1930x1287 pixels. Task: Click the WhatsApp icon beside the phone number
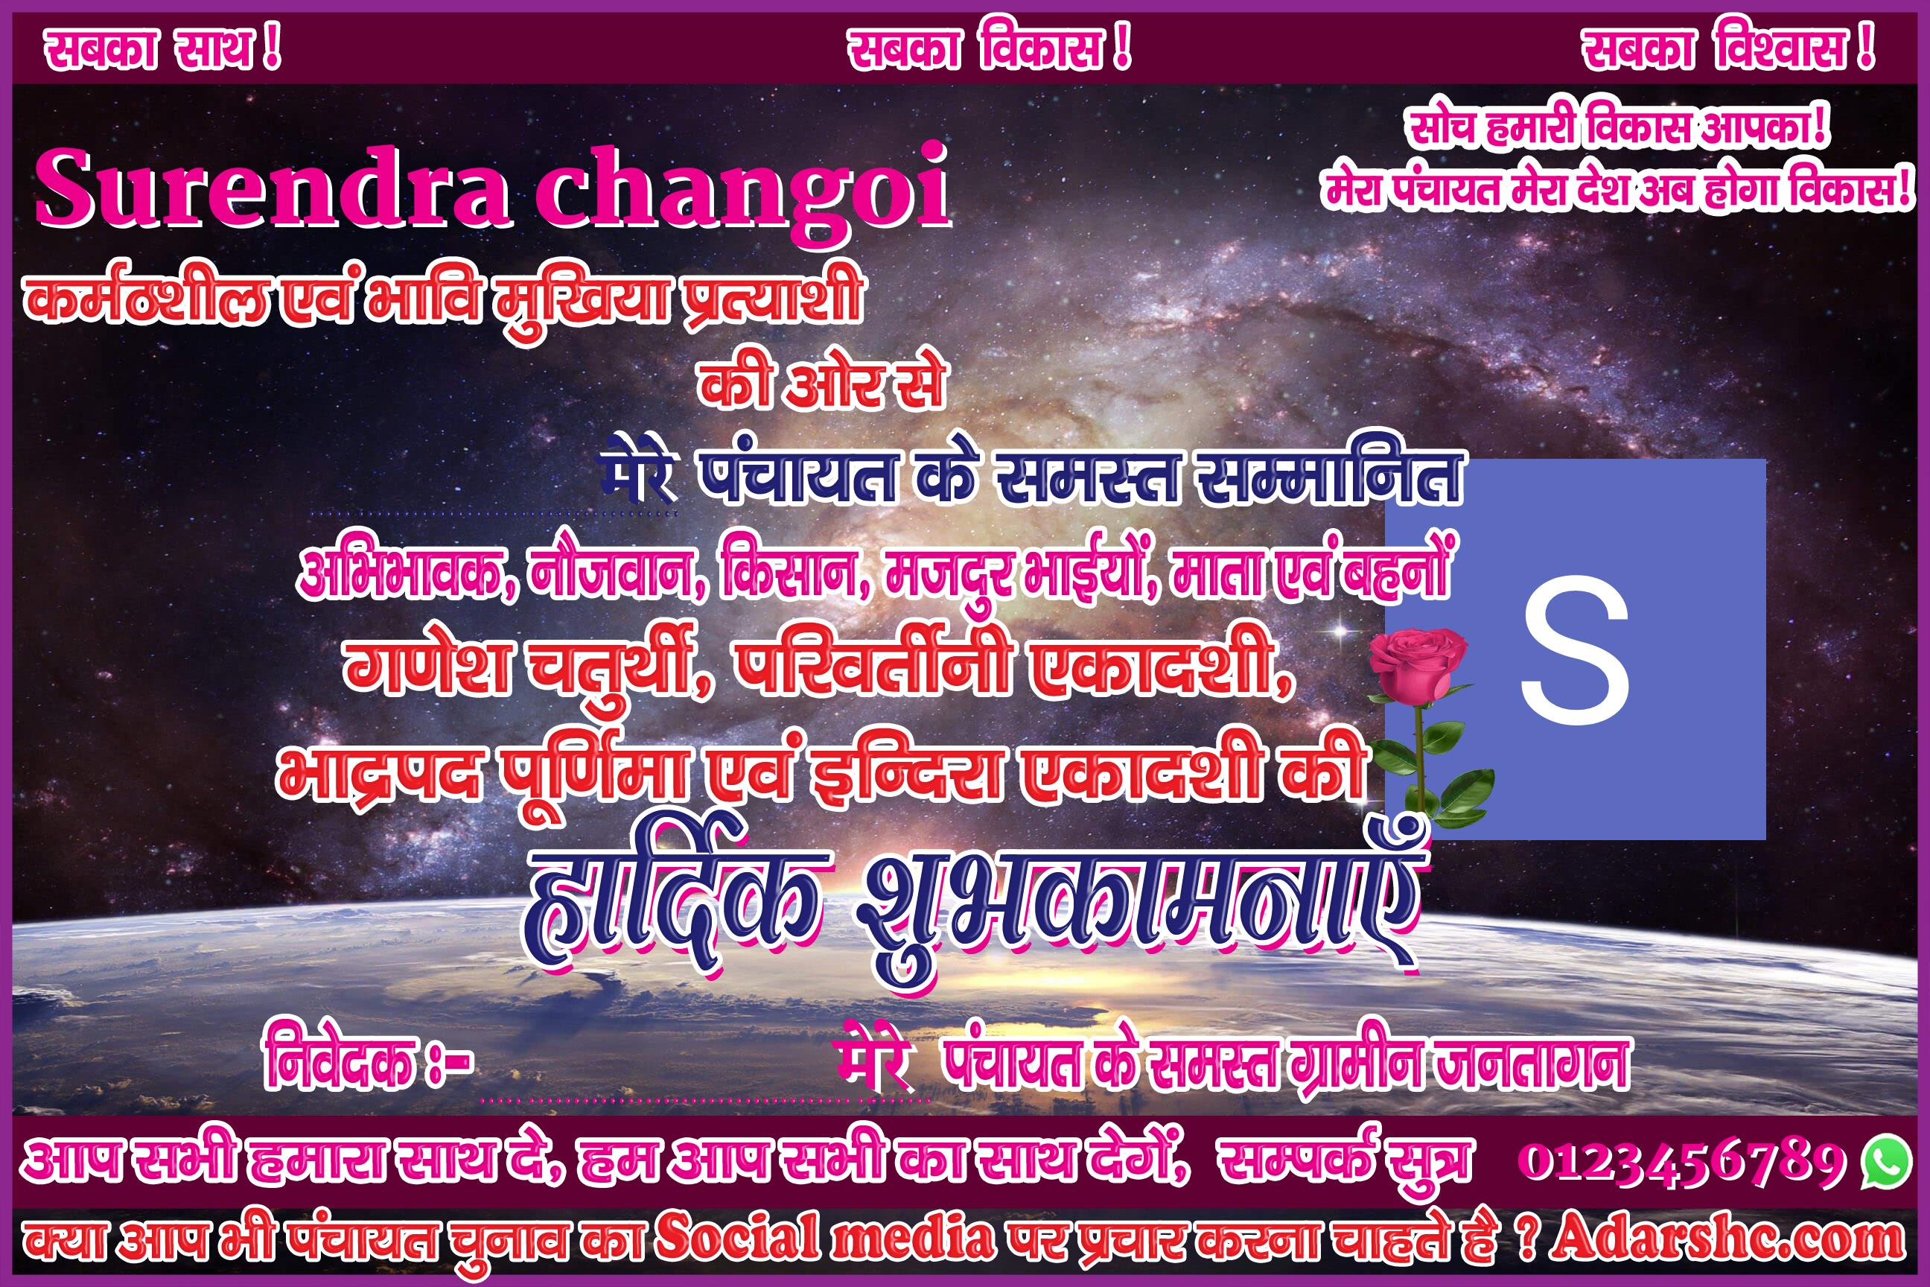[x=1885, y=1160]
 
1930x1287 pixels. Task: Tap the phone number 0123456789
[x=1682, y=1160]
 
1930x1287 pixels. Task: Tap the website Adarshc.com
[x=1727, y=1239]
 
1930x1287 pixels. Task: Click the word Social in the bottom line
[x=738, y=1238]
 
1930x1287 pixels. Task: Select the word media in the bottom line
[x=912, y=1238]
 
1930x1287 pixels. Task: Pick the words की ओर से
[x=821, y=384]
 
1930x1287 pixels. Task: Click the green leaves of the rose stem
[x=1445, y=780]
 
